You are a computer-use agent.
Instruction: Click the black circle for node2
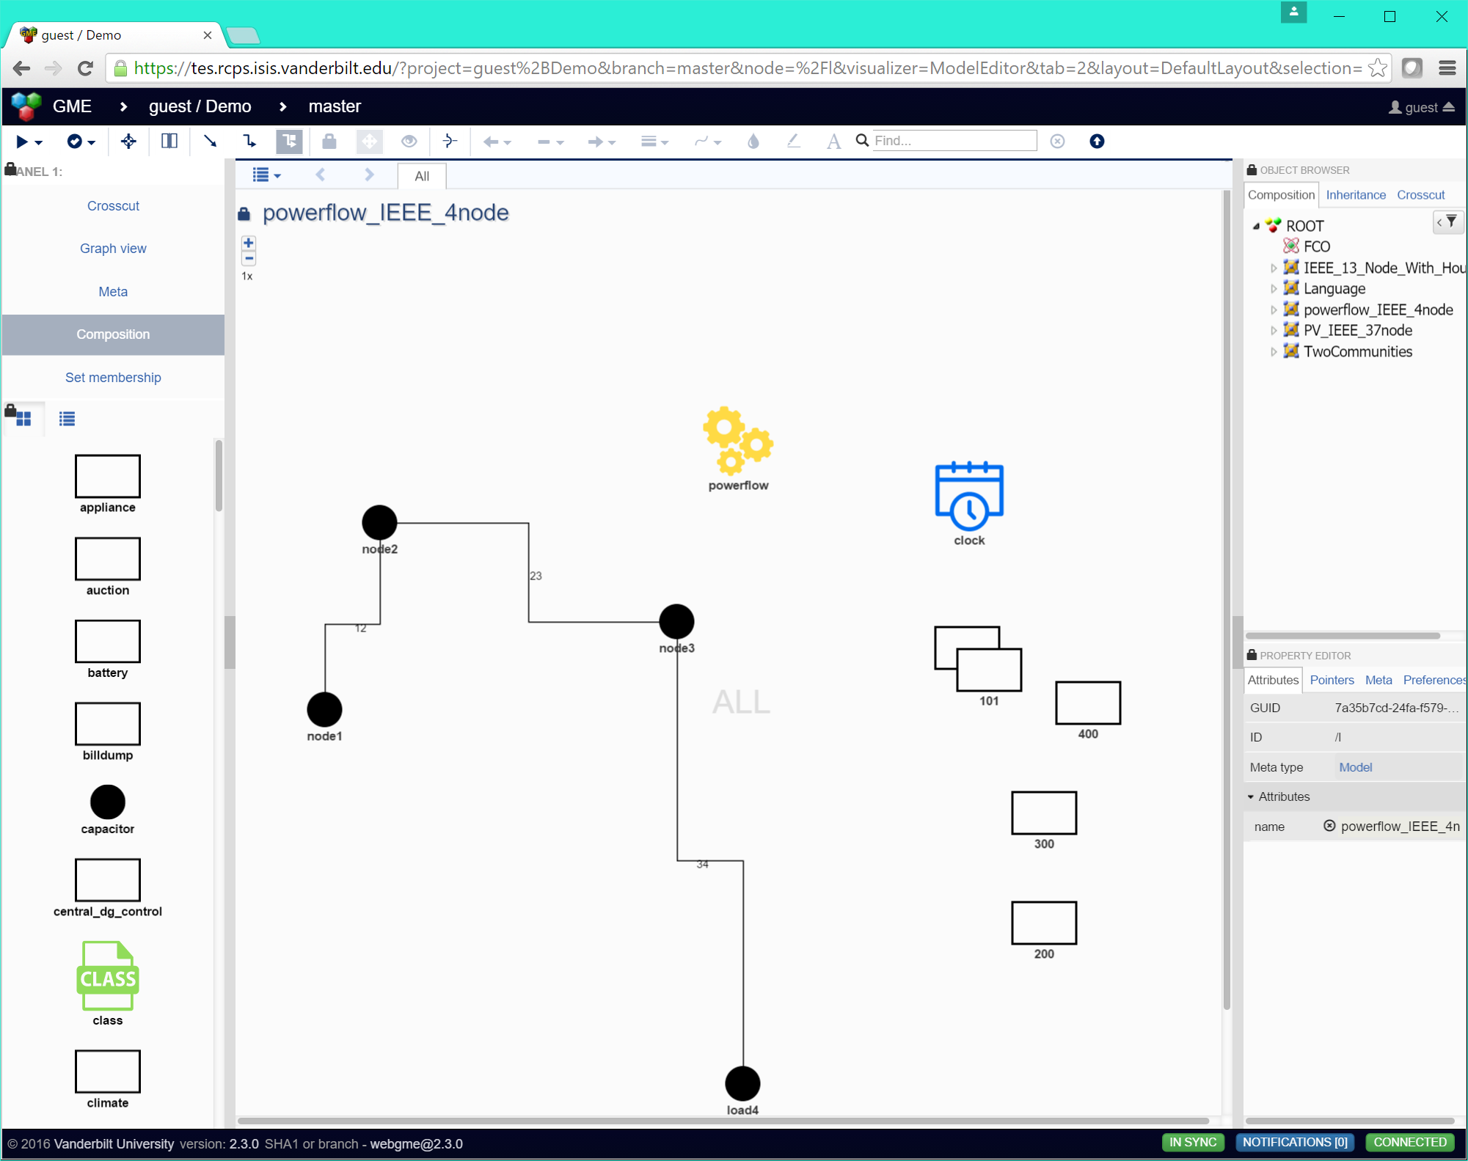pyautogui.click(x=379, y=522)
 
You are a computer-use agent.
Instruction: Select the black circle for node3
pyautogui.click(x=676, y=621)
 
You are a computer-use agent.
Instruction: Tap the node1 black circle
pyautogui.click(x=324, y=709)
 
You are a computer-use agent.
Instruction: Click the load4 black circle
pyautogui.click(x=742, y=1083)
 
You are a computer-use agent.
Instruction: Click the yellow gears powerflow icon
pyautogui.click(x=737, y=440)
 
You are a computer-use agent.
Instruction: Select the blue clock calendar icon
pyautogui.click(x=969, y=497)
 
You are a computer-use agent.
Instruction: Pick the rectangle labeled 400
pyautogui.click(x=1088, y=703)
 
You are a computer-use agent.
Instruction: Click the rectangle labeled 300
pyautogui.click(x=1044, y=813)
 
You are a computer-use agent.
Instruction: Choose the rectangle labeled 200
pyautogui.click(x=1044, y=923)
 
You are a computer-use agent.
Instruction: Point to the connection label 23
pyautogui.click(x=536, y=576)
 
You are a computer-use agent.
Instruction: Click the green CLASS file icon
pyautogui.click(x=108, y=976)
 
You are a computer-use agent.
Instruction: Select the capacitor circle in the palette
pyautogui.click(x=108, y=802)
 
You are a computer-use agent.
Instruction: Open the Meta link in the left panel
pyautogui.click(x=113, y=291)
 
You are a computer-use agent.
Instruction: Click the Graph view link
pyautogui.click(x=113, y=249)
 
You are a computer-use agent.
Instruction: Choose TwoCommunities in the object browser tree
pyautogui.click(x=1357, y=351)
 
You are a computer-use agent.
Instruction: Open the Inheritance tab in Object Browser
pyautogui.click(x=1356, y=194)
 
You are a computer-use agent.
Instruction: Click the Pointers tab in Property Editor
pyautogui.click(x=1332, y=680)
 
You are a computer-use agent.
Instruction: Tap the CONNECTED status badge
pyautogui.click(x=1409, y=1142)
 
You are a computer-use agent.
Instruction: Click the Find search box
pyautogui.click(x=954, y=141)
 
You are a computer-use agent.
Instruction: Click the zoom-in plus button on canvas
pyautogui.click(x=249, y=243)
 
